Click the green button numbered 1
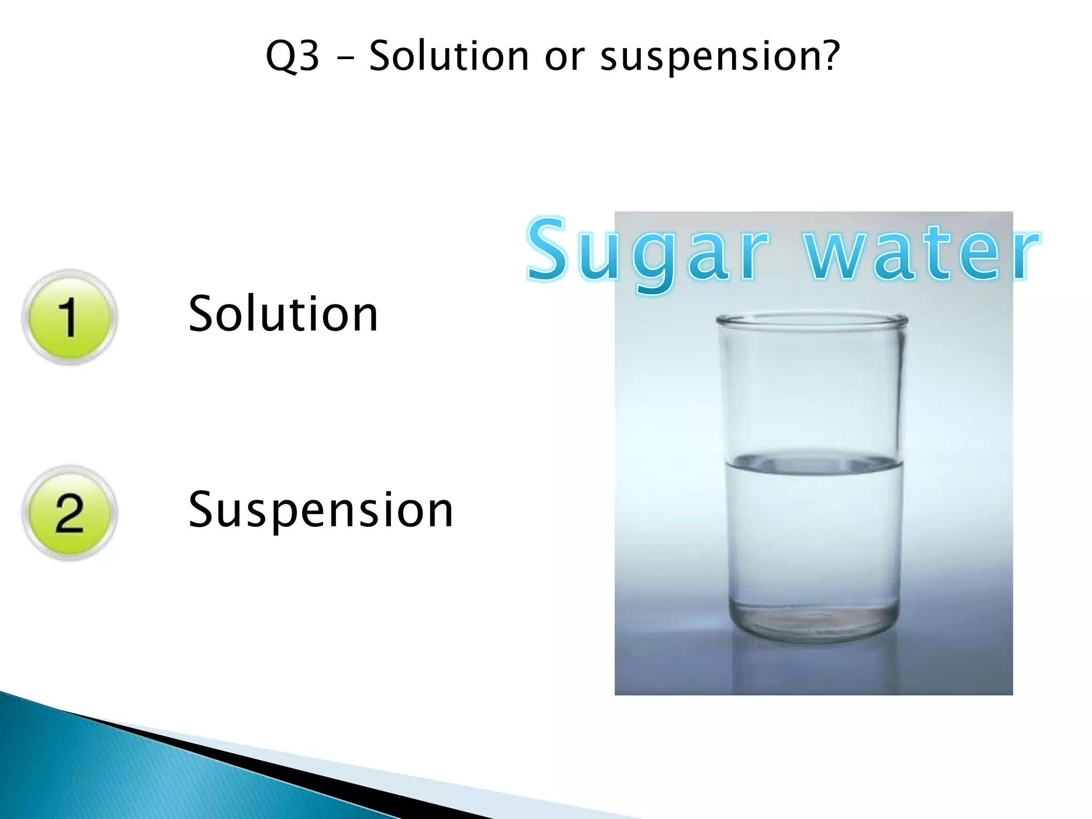tap(69, 317)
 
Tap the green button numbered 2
tap(69, 513)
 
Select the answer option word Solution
tap(283, 314)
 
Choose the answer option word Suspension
tap(320, 511)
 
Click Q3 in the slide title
tap(292, 56)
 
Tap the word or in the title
tap(564, 58)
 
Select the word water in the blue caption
tap(922, 252)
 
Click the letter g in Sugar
tap(653, 261)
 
